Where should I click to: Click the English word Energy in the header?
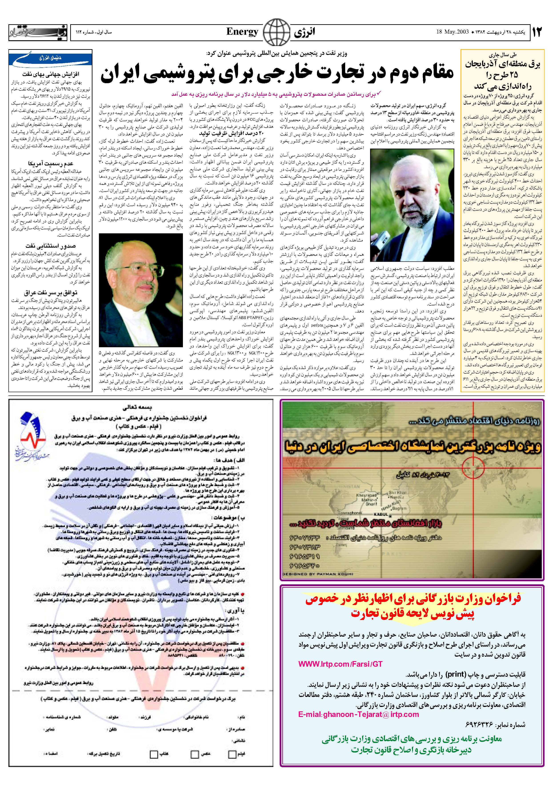[242, 32]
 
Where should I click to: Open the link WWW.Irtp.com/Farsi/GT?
[340, 664]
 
